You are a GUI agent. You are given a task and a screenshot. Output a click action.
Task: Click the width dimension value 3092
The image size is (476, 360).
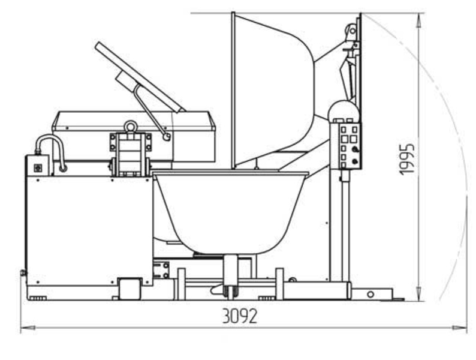coord(240,316)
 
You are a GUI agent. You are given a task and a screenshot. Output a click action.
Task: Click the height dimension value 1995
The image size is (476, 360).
coord(407,159)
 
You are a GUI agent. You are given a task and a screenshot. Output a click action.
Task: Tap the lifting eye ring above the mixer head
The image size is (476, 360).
coord(131,127)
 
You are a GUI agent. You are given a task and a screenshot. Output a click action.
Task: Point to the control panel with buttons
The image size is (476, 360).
coord(346,146)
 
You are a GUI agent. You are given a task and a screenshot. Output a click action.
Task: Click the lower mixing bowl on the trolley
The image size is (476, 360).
coord(230,212)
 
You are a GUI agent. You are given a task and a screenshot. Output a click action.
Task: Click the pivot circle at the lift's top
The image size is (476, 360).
coord(352,31)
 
